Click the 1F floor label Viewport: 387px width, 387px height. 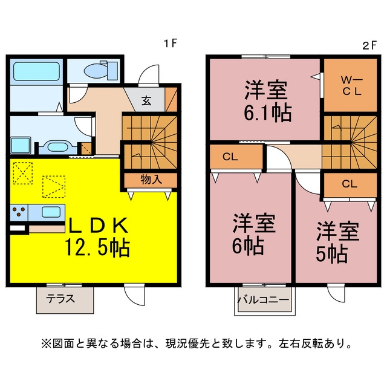click(171, 44)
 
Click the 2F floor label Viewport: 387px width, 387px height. click(369, 45)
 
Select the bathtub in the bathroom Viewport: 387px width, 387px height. click(36, 71)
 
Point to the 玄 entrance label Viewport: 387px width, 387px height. click(146, 100)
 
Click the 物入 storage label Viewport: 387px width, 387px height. click(151, 180)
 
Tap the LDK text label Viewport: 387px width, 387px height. click(98, 225)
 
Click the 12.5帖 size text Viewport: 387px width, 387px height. click(97, 247)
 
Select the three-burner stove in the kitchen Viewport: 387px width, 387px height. click(19, 212)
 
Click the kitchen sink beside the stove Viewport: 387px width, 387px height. click(51, 212)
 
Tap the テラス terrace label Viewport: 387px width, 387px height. click(60, 299)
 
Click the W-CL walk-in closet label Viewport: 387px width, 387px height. click(351, 86)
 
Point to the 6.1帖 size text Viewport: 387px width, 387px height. click(268, 113)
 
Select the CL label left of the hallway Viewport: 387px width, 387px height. click(230, 157)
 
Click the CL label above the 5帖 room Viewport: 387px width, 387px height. click(350, 184)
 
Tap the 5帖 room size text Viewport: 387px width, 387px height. click(332, 254)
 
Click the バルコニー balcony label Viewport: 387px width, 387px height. click(263, 300)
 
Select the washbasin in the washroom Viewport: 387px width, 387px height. click(57, 147)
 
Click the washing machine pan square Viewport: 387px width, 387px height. click(21, 145)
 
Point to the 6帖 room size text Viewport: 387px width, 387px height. click(248, 246)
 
